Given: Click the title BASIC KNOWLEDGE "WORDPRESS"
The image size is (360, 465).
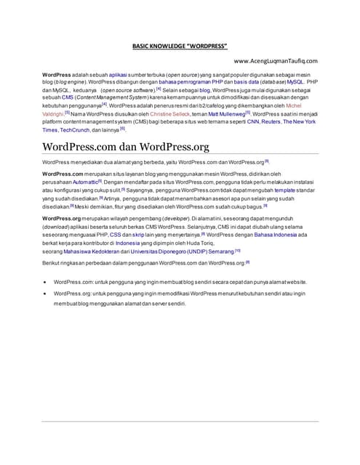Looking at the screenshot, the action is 180,46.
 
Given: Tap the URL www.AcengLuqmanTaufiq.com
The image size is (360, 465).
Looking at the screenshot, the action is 274,61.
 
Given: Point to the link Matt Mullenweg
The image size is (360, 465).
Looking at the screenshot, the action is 226,114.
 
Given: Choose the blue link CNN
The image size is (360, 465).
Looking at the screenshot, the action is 252,122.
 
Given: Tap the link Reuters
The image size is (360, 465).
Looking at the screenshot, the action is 271,122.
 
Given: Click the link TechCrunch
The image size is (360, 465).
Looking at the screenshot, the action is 75,130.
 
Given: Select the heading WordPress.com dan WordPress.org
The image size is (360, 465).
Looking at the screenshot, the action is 126,147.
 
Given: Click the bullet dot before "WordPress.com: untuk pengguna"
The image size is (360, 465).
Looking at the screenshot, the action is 46,281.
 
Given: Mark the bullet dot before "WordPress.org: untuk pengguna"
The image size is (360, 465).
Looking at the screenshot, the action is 46,294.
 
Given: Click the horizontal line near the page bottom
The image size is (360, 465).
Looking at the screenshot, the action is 180,421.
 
